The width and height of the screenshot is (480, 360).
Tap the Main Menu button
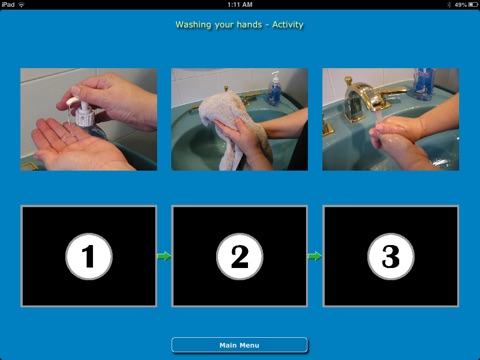[239, 345]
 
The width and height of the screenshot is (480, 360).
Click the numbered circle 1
[89, 256]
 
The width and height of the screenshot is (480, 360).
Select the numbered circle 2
[239, 256]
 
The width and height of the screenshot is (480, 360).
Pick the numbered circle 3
[391, 256]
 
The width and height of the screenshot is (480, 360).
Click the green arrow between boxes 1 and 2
[164, 256]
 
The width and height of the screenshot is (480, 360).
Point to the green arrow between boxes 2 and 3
[315, 256]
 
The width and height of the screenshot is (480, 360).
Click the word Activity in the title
[288, 25]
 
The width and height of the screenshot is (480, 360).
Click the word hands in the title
[249, 25]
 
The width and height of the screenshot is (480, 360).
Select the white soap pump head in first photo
[80, 108]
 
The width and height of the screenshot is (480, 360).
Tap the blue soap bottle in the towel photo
[275, 89]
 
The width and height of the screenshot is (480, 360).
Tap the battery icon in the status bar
[473, 5]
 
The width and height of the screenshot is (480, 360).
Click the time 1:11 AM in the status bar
[240, 5]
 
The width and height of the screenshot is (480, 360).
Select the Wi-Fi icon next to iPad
[21, 5]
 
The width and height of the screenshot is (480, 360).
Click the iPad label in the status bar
[8, 5]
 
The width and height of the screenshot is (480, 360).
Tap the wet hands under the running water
[397, 138]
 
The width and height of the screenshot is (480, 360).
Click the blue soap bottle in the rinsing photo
[423, 83]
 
